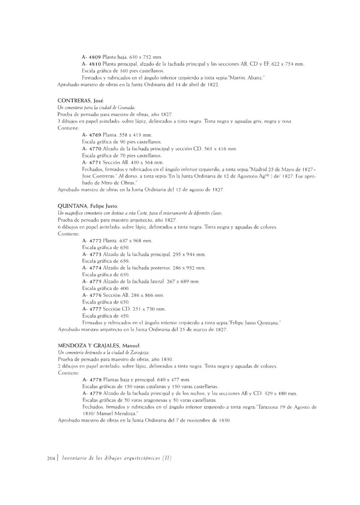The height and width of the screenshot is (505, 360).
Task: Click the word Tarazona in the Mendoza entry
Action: [268, 407]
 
